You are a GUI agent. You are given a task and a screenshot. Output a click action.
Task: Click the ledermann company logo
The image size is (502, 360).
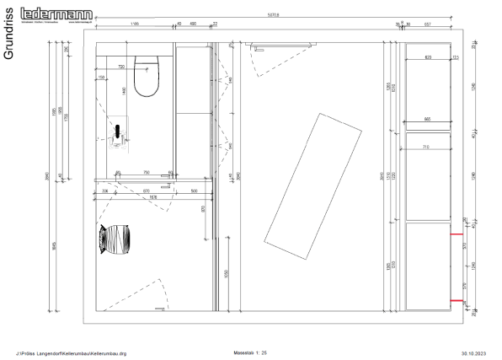pyautogui.click(x=68, y=13)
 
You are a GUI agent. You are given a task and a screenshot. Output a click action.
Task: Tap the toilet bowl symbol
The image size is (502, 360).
pyautogui.click(x=149, y=76)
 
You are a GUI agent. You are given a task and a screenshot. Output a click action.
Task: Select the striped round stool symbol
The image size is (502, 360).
pyautogui.click(x=116, y=239)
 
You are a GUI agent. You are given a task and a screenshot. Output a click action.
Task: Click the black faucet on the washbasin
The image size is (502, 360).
pyautogui.click(x=120, y=130)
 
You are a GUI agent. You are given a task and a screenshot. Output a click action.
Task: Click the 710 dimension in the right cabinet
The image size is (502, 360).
pyautogui.click(x=428, y=147)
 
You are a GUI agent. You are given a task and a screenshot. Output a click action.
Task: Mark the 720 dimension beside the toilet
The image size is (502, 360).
pyautogui.click(x=120, y=67)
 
